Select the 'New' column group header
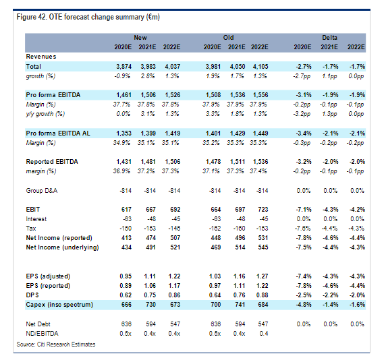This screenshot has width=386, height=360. pyautogui.click(x=140, y=38)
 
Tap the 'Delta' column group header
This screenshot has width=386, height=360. pyautogui.click(x=329, y=38)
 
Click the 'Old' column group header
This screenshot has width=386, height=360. pyautogui.click(x=229, y=38)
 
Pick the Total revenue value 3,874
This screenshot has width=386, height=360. pyautogui.click(x=123, y=67)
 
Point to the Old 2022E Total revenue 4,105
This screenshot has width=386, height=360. pyautogui.click(x=260, y=67)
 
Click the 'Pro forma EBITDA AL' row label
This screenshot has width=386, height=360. pyautogui.click(x=58, y=133)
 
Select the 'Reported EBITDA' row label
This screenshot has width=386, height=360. pyautogui.click(x=52, y=162)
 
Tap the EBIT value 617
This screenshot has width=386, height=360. pyautogui.click(x=126, y=210)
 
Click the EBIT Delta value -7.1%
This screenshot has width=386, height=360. pyautogui.click(x=304, y=210)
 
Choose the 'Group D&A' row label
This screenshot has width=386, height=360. pyautogui.click(x=42, y=191)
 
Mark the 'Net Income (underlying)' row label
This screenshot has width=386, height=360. pyautogui.click(x=63, y=247)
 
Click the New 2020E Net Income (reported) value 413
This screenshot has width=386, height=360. pyautogui.click(x=126, y=238)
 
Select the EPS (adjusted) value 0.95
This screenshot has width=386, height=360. pyautogui.click(x=126, y=276)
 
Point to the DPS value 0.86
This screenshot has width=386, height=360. pyautogui.click(x=174, y=295)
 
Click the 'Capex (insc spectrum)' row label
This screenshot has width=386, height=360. pyautogui.click(x=59, y=305)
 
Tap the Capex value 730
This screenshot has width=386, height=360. pyautogui.click(x=150, y=305)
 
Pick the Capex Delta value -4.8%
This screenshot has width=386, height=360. pyautogui.click(x=304, y=305)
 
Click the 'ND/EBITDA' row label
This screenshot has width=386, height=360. pyautogui.click(x=42, y=334)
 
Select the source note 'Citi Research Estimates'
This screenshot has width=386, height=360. pyautogui.click(x=66, y=344)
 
